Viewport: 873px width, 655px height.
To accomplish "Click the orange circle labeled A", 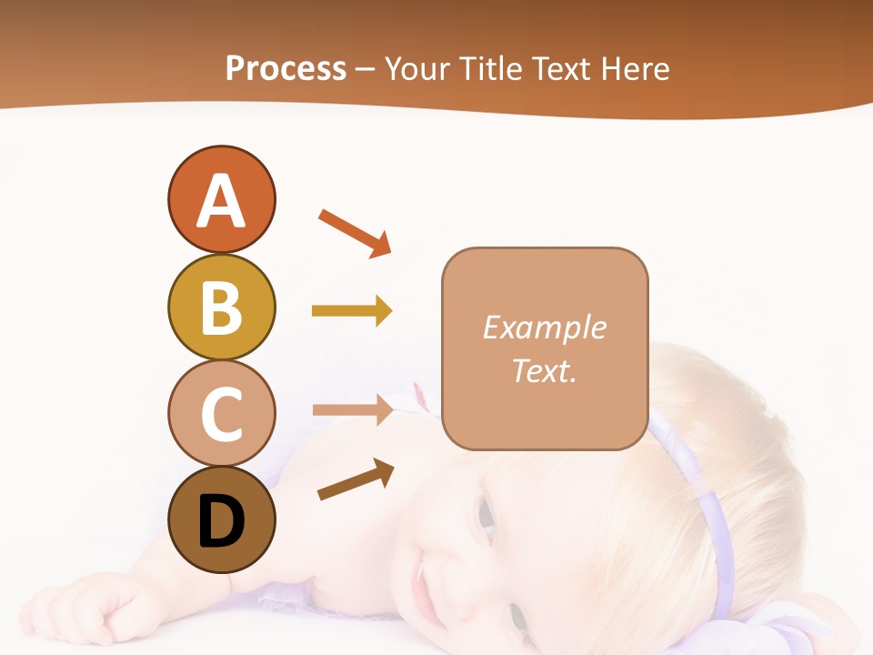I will click(221, 199).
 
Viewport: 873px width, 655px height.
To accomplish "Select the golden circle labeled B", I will click(221, 307).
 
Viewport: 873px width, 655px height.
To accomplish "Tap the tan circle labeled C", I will click(221, 413).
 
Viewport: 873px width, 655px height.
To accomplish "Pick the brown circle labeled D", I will click(221, 520).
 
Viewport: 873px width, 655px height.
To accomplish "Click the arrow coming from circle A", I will click(355, 232).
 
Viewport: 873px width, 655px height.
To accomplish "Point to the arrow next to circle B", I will click(352, 311).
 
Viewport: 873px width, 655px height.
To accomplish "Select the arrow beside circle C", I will click(352, 409).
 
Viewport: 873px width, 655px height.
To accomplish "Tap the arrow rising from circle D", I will click(356, 479).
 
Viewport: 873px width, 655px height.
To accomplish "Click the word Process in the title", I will click(286, 68).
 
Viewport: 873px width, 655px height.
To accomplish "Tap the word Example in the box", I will click(544, 327).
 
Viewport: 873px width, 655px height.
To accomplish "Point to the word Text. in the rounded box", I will click(544, 370).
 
